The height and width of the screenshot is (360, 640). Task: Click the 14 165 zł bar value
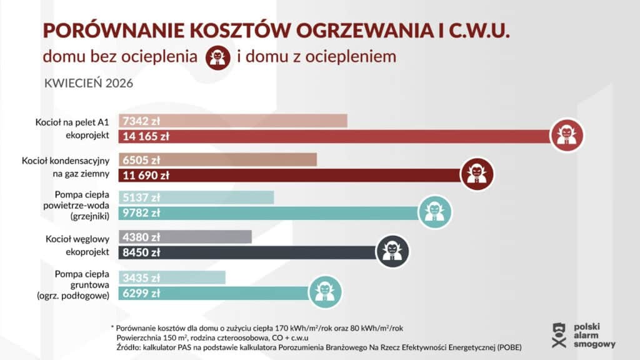point(147,136)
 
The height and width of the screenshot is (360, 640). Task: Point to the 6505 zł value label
point(142,159)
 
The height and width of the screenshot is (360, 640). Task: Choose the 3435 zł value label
point(142,277)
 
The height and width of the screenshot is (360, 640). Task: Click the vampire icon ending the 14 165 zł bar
point(567,135)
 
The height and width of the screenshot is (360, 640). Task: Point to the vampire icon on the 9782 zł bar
point(435,212)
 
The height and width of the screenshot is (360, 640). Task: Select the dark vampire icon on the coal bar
point(392,251)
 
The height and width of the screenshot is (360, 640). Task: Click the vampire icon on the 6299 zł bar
point(326,291)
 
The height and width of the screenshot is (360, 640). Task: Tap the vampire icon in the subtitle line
point(219,57)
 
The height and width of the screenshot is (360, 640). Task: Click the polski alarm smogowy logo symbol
point(559,336)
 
